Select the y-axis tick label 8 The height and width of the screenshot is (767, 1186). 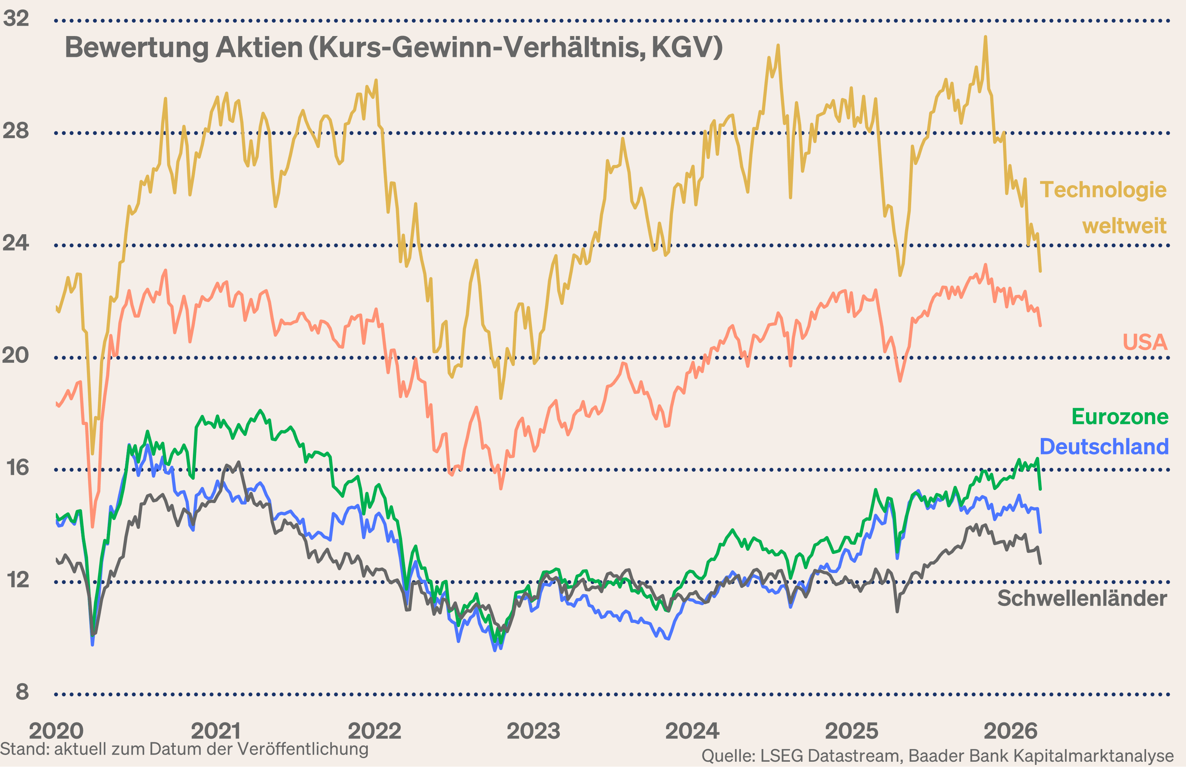point(22,692)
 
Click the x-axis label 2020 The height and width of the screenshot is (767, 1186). point(56,731)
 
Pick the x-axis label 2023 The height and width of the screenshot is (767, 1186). point(533,731)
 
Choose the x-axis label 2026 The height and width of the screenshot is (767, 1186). point(1011,731)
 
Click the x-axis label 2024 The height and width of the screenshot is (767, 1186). point(692,731)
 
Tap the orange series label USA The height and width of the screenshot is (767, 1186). point(1145,342)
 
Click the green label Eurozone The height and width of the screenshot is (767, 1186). point(1120,417)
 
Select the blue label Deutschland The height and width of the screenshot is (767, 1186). point(1104,447)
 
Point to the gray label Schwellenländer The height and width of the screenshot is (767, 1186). point(1082,598)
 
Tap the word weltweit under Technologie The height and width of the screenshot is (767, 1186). point(1124,226)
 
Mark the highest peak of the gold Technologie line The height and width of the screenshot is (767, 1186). point(985,37)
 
